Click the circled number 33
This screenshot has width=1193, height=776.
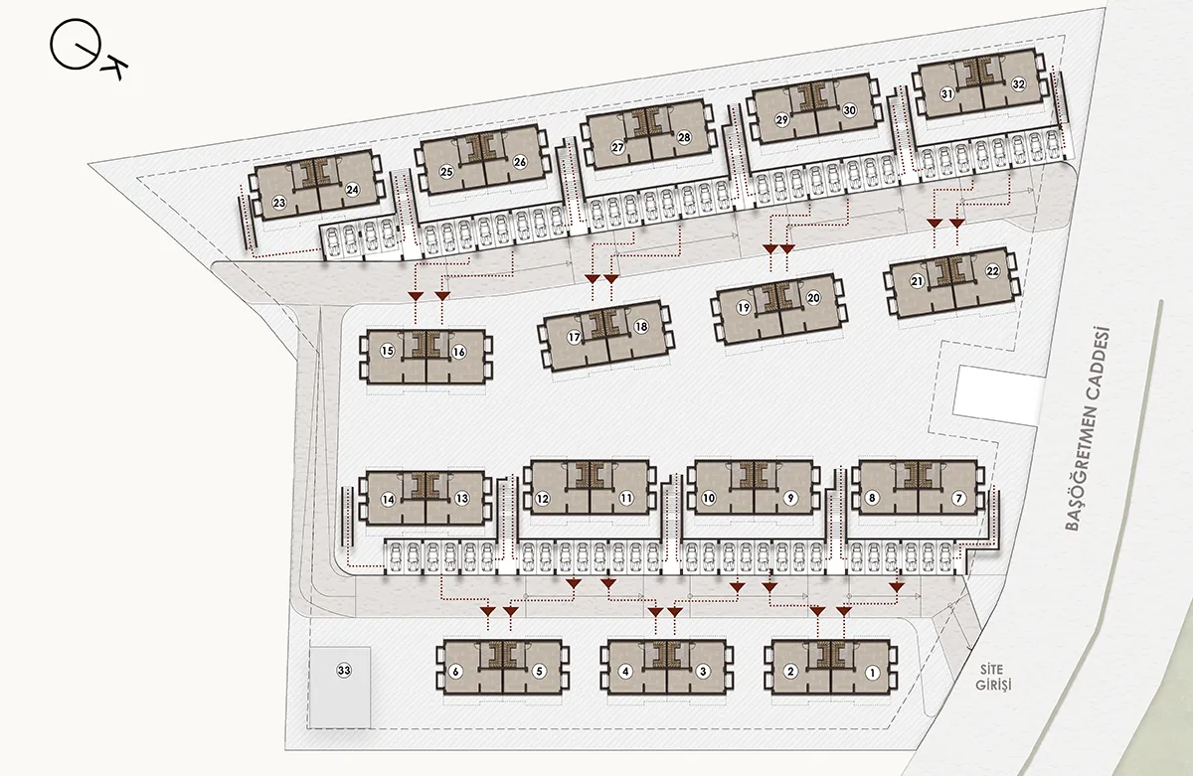pos(344,670)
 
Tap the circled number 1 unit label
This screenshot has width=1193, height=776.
pos(872,673)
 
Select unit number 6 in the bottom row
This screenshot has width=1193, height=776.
pos(455,672)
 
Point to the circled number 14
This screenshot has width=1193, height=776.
pos(389,500)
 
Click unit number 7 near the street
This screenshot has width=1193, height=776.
pos(958,498)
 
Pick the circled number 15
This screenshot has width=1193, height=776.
pos(387,351)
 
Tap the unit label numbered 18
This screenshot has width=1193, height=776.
pos(641,326)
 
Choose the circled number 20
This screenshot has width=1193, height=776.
pos(813,297)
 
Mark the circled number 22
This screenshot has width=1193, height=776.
pos(993,271)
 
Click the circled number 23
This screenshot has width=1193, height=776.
pos(279,203)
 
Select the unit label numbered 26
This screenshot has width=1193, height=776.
pos(520,162)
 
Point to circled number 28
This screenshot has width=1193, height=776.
pos(684,137)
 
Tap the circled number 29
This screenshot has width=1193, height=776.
pos(781,120)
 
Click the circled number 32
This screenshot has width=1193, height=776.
pos(1018,84)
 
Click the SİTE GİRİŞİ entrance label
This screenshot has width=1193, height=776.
pos(993,677)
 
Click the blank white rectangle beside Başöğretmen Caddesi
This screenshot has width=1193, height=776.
pos(997,396)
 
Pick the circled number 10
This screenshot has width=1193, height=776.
pos(708,498)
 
